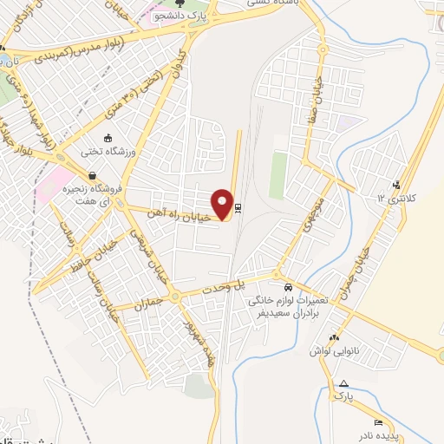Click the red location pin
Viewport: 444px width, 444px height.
[x=223, y=204]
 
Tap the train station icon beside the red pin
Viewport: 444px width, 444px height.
[x=239, y=207]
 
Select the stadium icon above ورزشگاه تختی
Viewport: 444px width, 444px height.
[x=108, y=137]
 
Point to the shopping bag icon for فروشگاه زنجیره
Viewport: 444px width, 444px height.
[x=75, y=185]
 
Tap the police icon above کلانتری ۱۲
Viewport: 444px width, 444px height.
[x=396, y=184]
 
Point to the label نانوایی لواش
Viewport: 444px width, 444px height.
[x=335, y=351]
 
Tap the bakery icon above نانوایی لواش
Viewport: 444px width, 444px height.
[x=334, y=338]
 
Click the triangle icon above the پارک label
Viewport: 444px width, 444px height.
[x=344, y=383]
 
